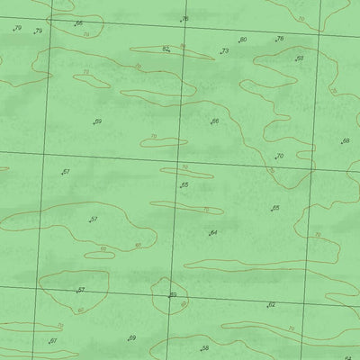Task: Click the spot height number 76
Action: point(185,19)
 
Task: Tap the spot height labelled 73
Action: point(224,52)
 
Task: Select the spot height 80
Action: point(243,40)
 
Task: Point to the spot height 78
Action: point(279,39)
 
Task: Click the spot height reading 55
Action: point(184,185)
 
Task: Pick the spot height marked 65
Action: point(275,208)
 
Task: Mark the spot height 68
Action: point(346,141)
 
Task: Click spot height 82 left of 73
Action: point(166,49)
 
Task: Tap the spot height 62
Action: point(271,305)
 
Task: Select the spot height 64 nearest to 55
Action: point(213,233)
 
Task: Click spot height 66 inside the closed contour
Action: point(215,121)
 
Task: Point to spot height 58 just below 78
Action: point(300,58)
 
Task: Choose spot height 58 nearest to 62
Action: point(205,347)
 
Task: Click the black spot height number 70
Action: point(280,157)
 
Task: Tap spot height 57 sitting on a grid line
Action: point(81,290)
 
